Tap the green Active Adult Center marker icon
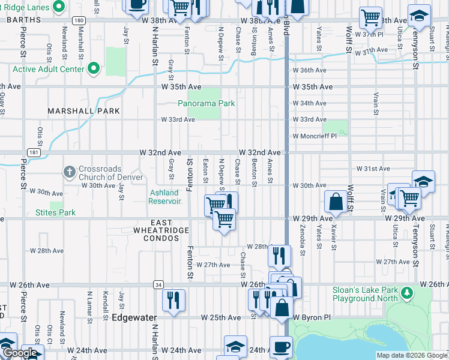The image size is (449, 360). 93,69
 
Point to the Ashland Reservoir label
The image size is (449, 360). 164,197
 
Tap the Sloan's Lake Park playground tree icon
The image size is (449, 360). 408,293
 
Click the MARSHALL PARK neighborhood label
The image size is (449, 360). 83,111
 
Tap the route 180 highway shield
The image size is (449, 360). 79,20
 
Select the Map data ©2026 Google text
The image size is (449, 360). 412,355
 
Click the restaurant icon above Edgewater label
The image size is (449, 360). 173,300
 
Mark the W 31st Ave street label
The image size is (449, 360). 373,169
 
